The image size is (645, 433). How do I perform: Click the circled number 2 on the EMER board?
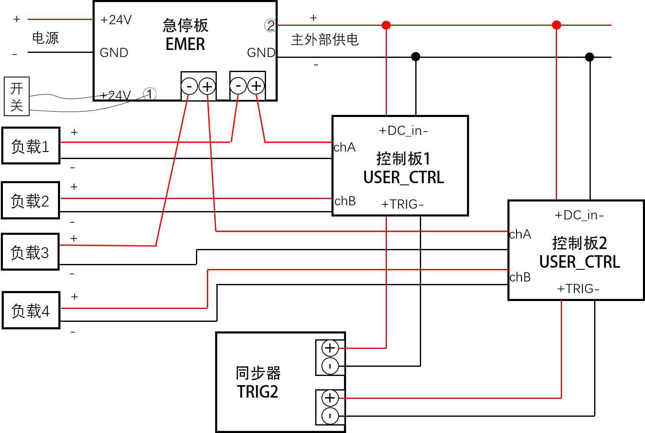click(x=270, y=25)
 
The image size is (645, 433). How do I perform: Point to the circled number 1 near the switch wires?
click(x=150, y=94)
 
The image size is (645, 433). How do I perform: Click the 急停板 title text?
click(x=186, y=25)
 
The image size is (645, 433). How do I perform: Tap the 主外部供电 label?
click(x=325, y=40)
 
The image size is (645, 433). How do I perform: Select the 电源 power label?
click(x=45, y=38)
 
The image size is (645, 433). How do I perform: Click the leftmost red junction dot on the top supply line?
click(x=386, y=25)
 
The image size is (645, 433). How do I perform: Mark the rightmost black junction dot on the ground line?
click(x=590, y=57)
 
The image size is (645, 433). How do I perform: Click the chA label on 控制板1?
click(x=344, y=147)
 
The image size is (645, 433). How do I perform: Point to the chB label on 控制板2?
click(x=520, y=277)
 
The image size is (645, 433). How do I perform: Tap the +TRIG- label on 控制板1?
click(x=402, y=204)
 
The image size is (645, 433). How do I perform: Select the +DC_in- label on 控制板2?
click(x=579, y=215)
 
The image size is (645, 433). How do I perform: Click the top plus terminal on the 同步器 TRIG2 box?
click(x=330, y=348)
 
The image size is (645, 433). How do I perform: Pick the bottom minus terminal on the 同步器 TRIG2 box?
click(x=330, y=416)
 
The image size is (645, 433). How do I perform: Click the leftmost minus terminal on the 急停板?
click(x=189, y=86)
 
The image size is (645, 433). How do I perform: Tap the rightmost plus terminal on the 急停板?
click(x=256, y=86)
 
